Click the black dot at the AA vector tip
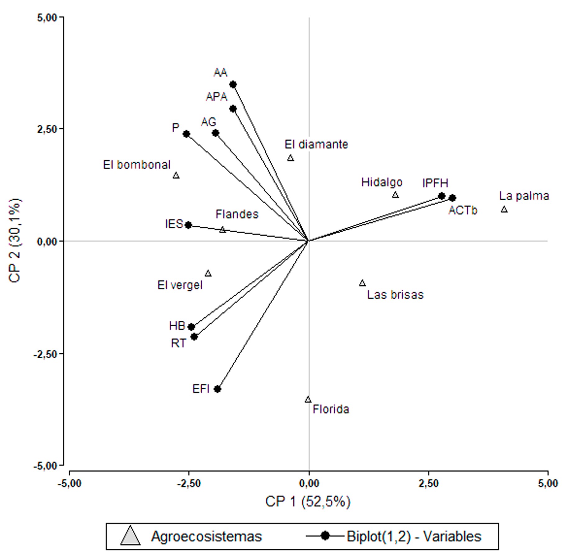pos(233,84)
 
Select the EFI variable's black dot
pos(218,389)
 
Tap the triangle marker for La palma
pos(504,210)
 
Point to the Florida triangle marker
pos(308,400)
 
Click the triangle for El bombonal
pos(176,176)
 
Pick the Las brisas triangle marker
pos(362,283)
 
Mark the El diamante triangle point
pos(291,158)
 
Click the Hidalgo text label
pos(382,182)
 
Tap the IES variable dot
pos(188,225)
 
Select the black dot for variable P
pos(186,134)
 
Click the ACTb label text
pos(463,211)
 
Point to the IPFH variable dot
pos(442,196)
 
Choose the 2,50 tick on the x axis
pos(429,483)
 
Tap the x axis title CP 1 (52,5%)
pos(308,502)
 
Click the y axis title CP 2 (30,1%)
pos(15,241)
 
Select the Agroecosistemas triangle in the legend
pos(131,537)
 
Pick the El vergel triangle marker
pos(208,274)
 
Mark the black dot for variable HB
pos(191,327)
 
